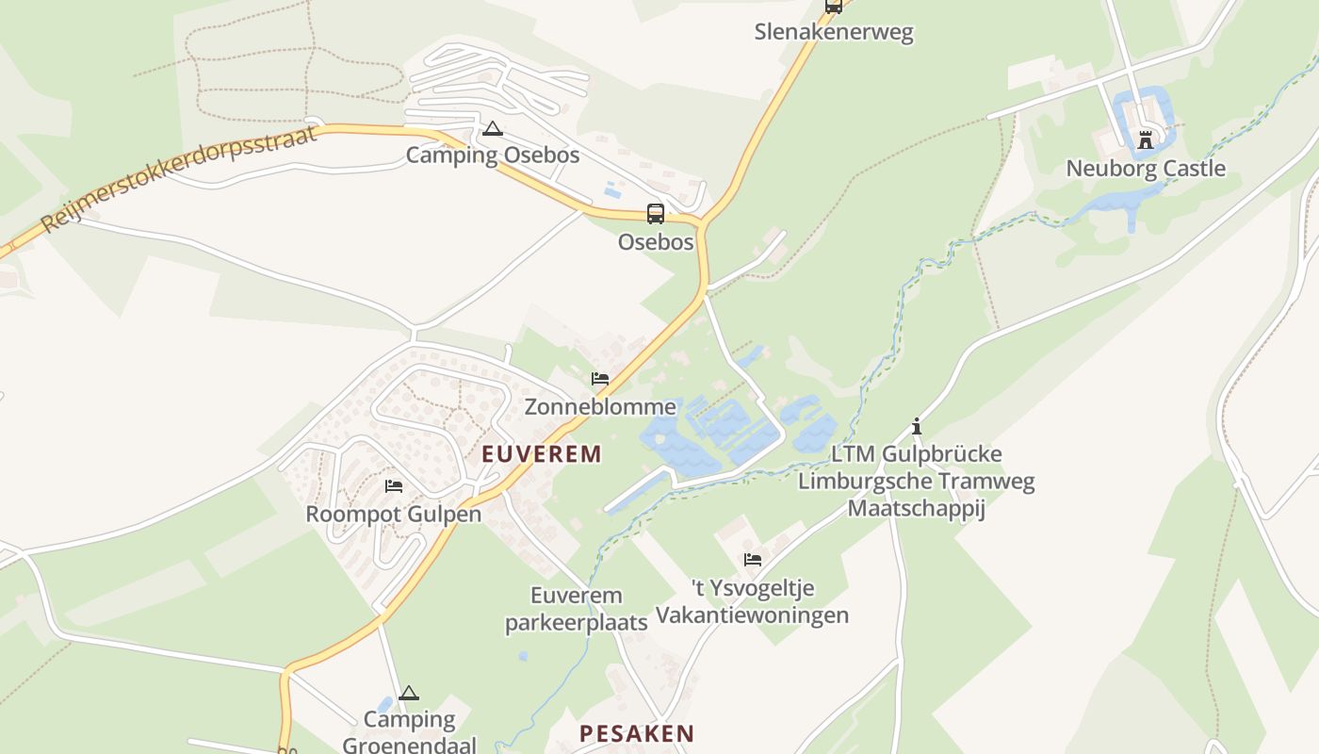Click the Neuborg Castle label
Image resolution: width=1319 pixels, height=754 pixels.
pos(1146,169)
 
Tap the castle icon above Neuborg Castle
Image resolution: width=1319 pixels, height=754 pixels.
pos(1146,140)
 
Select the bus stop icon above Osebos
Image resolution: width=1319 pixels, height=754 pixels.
pos(655,213)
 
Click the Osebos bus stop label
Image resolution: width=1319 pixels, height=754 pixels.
pos(655,242)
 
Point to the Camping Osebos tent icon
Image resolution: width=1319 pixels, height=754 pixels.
pos(492,128)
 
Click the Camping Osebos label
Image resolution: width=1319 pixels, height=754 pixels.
pos(492,155)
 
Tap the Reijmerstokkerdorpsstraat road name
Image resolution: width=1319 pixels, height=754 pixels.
pos(167,177)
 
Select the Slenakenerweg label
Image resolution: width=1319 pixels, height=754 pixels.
pos(834,32)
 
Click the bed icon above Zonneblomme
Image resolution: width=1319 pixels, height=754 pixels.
pos(600,379)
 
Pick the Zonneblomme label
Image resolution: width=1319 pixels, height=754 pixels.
pos(600,406)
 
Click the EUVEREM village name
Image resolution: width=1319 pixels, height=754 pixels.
pos(542,454)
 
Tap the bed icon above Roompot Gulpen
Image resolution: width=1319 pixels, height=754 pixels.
pos(394,486)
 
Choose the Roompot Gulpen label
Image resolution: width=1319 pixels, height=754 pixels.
pos(394,514)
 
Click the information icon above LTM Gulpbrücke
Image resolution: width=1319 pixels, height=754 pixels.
pos(916,426)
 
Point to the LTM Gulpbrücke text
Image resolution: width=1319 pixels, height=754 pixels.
pos(916,454)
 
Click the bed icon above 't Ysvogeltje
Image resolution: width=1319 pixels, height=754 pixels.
pos(752,560)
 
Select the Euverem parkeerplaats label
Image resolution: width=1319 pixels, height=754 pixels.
pos(577,609)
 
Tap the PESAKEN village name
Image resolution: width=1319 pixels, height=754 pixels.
pos(637,733)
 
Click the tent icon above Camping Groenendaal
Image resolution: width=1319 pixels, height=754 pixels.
pos(408,694)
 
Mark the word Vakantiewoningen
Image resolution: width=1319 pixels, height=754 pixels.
pos(752,615)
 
